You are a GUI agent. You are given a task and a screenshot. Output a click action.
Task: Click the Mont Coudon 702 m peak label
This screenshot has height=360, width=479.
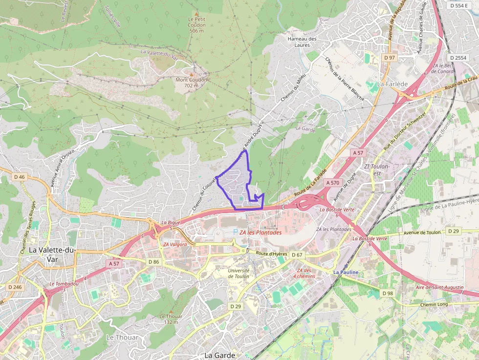191,82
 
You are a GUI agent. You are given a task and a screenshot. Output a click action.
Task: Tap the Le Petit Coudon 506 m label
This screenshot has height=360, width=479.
196,24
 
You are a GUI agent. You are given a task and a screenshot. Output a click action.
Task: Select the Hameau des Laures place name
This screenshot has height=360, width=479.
302,42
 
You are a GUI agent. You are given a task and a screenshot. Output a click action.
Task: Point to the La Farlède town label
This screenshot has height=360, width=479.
392,84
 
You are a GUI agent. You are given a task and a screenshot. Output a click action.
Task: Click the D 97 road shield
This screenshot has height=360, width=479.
389,58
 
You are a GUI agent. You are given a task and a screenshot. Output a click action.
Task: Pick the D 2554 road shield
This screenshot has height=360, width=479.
457,58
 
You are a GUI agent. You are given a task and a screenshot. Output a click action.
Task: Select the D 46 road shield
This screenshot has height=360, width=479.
20,177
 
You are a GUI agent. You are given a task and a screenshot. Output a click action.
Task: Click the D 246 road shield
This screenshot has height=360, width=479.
15,287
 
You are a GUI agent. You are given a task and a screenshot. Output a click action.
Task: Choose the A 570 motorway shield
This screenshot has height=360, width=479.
332,183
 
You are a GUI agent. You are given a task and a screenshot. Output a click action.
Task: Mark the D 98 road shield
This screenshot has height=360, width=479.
387,293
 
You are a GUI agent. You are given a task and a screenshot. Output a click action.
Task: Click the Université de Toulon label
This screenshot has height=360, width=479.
239,273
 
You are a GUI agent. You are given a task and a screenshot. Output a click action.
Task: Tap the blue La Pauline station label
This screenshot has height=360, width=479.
346,272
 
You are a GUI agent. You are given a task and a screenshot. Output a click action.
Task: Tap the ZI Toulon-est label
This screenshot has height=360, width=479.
377,169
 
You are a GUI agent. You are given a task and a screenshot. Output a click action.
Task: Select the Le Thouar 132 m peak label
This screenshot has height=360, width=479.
171,318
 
